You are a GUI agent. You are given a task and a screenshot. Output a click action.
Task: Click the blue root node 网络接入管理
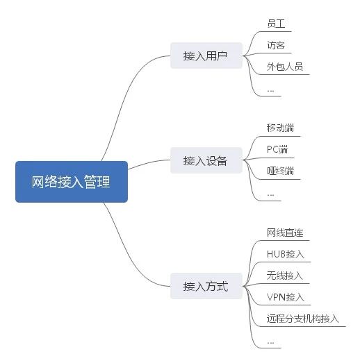coord(72,182)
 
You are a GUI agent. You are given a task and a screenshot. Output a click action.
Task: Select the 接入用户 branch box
coord(206,56)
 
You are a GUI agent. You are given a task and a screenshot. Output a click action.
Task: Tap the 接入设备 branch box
coord(206,160)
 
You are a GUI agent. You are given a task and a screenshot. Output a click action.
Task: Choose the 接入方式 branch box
coord(206,286)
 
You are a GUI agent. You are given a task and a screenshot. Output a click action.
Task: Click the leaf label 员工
coord(276,24)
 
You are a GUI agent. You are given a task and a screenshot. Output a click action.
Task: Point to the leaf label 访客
coord(276,45)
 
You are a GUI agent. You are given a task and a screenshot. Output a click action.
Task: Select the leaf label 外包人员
coord(285,67)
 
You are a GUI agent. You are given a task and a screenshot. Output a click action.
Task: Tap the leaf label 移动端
coord(281,128)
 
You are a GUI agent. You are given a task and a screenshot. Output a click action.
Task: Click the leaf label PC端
coord(277,149)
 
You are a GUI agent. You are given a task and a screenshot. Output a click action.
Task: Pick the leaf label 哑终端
coord(281,171)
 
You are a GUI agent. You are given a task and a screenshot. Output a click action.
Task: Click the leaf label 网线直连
coord(285,233)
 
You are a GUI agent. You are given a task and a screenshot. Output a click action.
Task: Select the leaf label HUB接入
coord(286,254)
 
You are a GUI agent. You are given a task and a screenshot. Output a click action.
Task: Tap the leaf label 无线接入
coord(285,276)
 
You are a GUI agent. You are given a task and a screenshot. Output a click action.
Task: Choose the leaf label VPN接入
coord(286,297)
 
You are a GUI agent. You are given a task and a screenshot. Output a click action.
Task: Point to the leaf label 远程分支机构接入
coord(303,319)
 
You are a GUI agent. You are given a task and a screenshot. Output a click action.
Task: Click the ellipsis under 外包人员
coord(270,91)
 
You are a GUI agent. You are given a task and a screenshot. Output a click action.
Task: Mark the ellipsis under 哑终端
coord(270,195)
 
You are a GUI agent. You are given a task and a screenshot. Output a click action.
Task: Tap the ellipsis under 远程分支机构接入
coord(270,343)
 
